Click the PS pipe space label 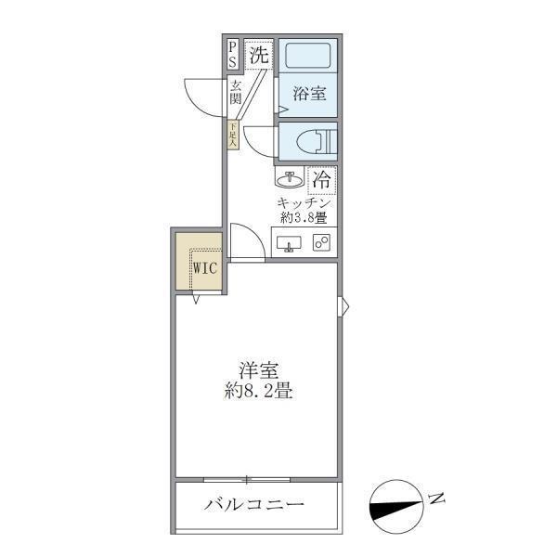point(232,55)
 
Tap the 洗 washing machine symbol point(260,55)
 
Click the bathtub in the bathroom point(308,57)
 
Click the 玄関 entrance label point(236,92)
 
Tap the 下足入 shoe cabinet point(233,134)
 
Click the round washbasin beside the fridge point(289,177)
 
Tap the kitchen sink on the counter point(289,244)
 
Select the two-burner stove point(322,243)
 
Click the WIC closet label point(205,268)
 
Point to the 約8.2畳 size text point(258,391)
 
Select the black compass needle point(395,508)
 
